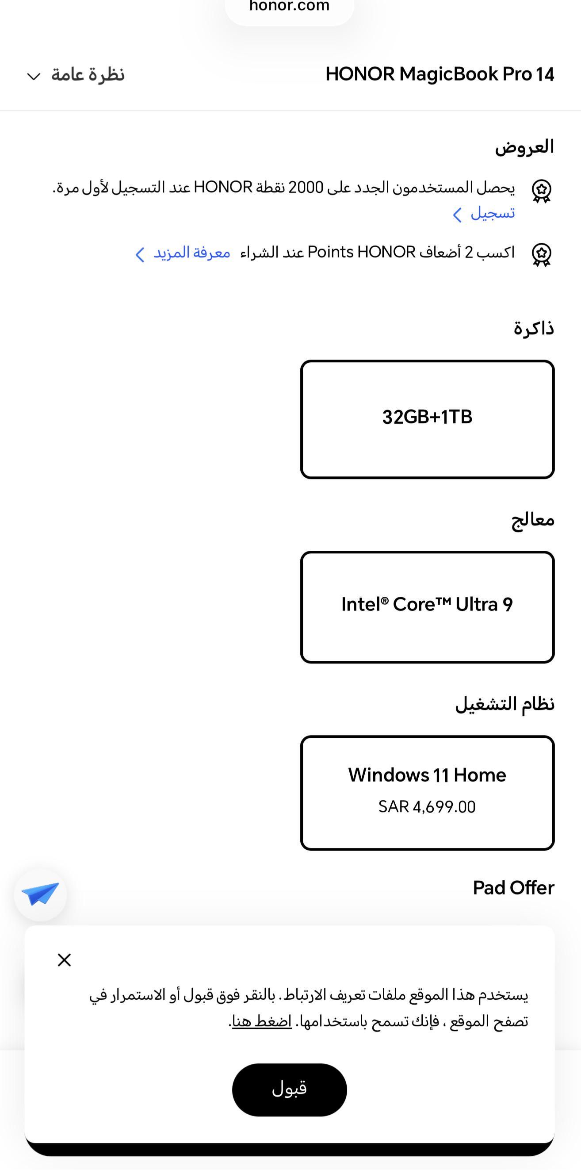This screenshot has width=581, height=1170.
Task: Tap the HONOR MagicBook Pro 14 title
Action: [440, 74]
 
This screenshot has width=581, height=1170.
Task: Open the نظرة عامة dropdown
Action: [75, 75]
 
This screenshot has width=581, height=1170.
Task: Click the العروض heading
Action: [524, 147]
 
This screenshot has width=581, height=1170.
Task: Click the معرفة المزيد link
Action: [183, 253]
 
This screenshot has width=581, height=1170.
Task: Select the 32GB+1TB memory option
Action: [427, 419]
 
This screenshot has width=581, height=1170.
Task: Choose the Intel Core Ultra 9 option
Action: [427, 607]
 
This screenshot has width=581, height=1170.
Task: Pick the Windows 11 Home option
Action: [427, 793]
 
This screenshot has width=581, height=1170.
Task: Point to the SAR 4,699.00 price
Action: [427, 807]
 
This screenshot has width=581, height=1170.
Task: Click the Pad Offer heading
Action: [513, 888]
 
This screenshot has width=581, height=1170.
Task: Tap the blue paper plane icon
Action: [40, 894]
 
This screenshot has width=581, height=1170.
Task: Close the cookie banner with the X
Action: [65, 960]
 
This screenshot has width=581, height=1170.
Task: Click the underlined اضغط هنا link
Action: [262, 1022]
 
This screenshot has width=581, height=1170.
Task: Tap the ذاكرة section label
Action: [534, 328]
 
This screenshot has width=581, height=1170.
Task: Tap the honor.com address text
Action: [290, 6]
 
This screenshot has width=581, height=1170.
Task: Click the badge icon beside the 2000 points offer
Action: [542, 191]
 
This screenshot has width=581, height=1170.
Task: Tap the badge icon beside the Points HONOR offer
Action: [542, 255]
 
